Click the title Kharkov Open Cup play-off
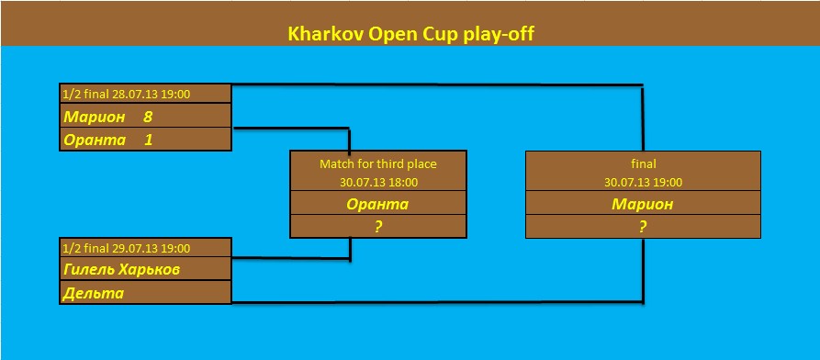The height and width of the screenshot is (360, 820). (410, 34)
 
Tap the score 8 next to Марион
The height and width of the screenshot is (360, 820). (148, 117)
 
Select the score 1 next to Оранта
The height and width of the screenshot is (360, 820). (149, 141)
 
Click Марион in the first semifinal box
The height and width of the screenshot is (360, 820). (95, 117)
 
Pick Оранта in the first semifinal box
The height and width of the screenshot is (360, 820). (95, 141)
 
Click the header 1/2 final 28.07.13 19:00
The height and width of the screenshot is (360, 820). (126, 95)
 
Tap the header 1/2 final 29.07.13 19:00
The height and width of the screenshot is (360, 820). (126, 248)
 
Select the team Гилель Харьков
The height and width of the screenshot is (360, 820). (122, 270)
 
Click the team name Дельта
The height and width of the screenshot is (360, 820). (94, 294)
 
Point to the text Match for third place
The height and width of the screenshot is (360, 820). (378, 163)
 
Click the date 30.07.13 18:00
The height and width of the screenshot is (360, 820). (378, 183)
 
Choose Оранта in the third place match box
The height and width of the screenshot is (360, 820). (377, 204)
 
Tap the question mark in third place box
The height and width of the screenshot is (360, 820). (377, 227)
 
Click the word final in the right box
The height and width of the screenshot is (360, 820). (644, 163)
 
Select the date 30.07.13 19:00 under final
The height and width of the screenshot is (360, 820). (644, 183)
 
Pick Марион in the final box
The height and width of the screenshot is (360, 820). (643, 204)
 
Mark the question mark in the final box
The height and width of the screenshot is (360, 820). (643, 227)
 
